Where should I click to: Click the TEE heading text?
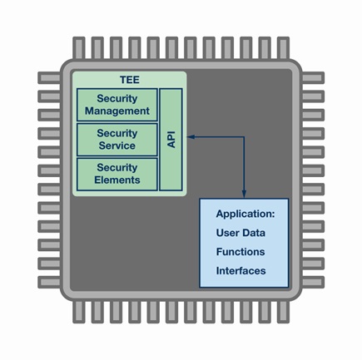click(x=130, y=80)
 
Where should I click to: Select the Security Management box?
click(x=117, y=105)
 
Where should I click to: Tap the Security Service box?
click(x=117, y=140)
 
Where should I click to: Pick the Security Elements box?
click(x=117, y=175)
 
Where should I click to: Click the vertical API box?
click(x=171, y=140)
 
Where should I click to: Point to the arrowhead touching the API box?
click(x=191, y=136)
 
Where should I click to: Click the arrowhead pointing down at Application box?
click(x=244, y=194)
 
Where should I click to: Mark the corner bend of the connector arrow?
click(x=244, y=136)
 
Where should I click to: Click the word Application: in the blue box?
click(x=245, y=214)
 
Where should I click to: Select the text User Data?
click(x=241, y=233)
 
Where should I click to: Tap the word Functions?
click(x=241, y=252)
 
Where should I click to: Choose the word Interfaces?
click(x=241, y=271)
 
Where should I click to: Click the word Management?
click(x=117, y=111)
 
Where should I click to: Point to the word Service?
click(x=117, y=145)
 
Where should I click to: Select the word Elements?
click(x=117, y=180)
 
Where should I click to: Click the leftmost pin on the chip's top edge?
click(x=79, y=47)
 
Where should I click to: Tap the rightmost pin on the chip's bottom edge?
click(x=283, y=312)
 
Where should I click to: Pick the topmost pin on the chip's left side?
click(x=49, y=78)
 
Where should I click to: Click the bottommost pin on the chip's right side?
click(x=313, y=283)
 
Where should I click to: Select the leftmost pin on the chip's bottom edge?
click(x=79, y=312)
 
